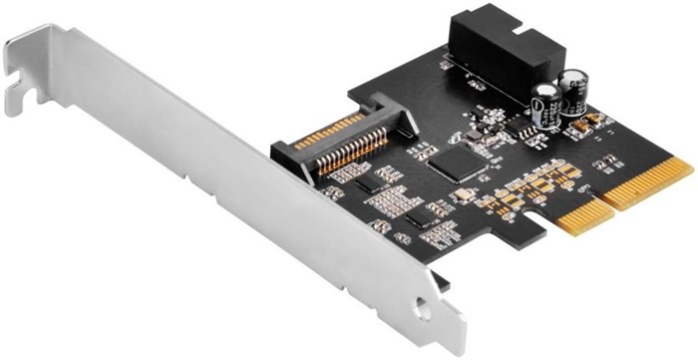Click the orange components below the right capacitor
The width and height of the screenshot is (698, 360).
[588, 126]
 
